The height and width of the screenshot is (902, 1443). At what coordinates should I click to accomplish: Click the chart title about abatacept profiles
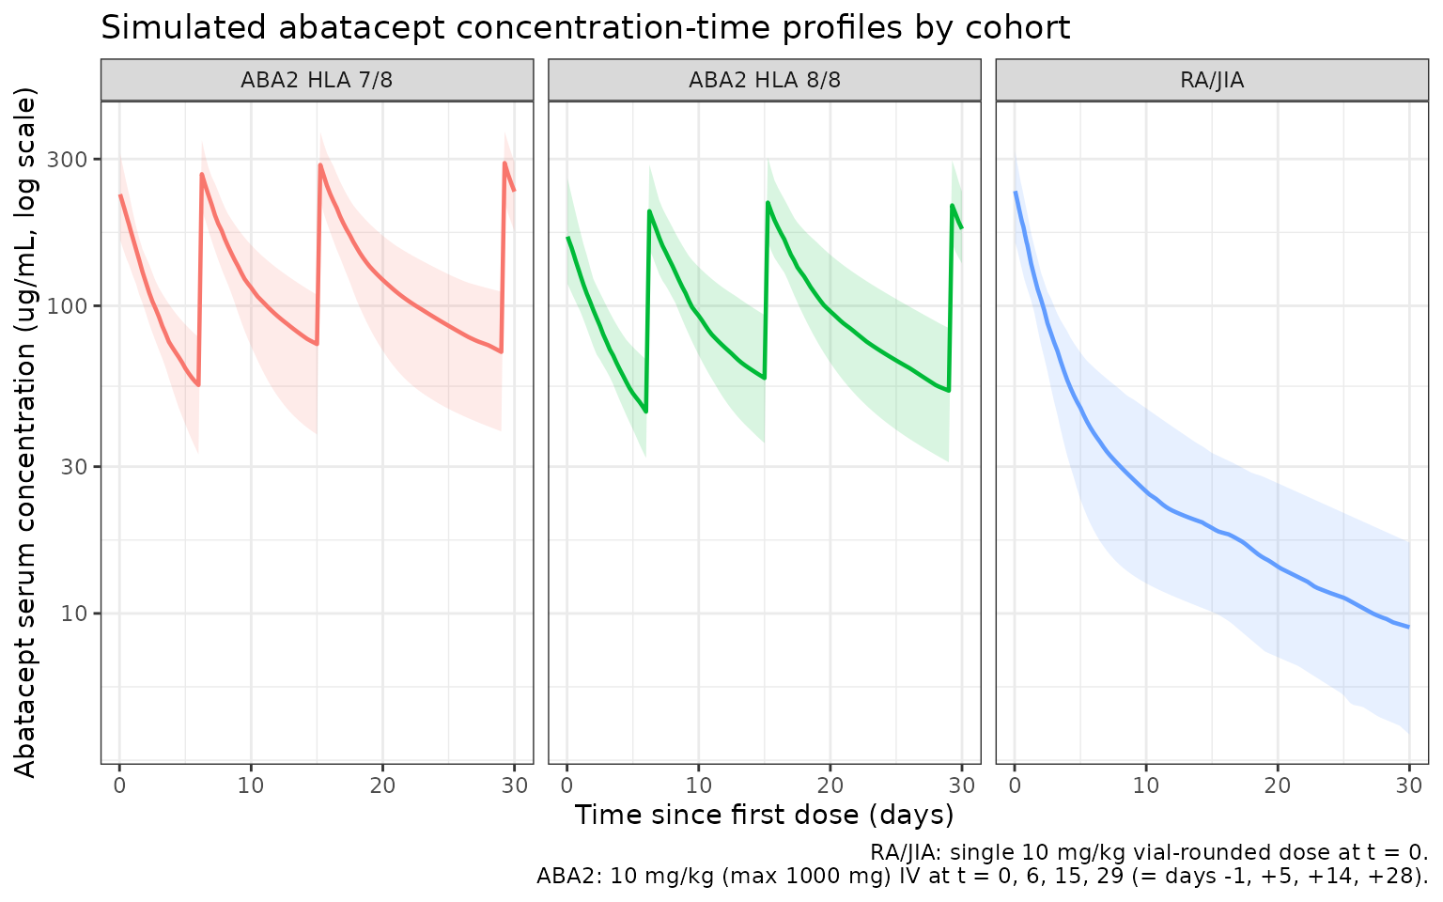[x=584, y=28]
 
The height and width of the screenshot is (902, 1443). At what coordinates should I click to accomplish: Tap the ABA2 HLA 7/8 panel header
[x=317, y=80]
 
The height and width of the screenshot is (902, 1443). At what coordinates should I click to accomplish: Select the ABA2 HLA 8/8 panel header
[x=764, y=80]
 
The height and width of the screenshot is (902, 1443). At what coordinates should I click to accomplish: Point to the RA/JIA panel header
[x=1212, y=80]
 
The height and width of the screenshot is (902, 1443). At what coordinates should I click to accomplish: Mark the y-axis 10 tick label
[x=79, y=614]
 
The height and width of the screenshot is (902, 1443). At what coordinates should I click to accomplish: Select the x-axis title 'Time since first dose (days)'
[x=764, y=815]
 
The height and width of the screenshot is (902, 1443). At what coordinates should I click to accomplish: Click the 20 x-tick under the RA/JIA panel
[x=1278, y=784]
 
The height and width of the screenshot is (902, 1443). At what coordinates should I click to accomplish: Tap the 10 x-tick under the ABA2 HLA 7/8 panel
[x=251, y=784]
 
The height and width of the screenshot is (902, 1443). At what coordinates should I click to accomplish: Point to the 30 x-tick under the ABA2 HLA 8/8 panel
[x=962, y=784]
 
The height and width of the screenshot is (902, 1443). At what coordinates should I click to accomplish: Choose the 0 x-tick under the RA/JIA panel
[x=1015, y=784]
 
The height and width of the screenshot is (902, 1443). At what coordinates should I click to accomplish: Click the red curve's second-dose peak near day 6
[x=202, y=174]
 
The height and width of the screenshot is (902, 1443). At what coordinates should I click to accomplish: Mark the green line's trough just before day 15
[x=765, y=378]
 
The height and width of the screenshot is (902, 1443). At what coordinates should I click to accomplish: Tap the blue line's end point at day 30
[x=1409, y=627]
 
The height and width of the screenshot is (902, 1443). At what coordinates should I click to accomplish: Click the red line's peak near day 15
[x=320, y=165]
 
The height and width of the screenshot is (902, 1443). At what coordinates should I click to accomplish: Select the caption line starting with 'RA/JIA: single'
[x=1148, y=853]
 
